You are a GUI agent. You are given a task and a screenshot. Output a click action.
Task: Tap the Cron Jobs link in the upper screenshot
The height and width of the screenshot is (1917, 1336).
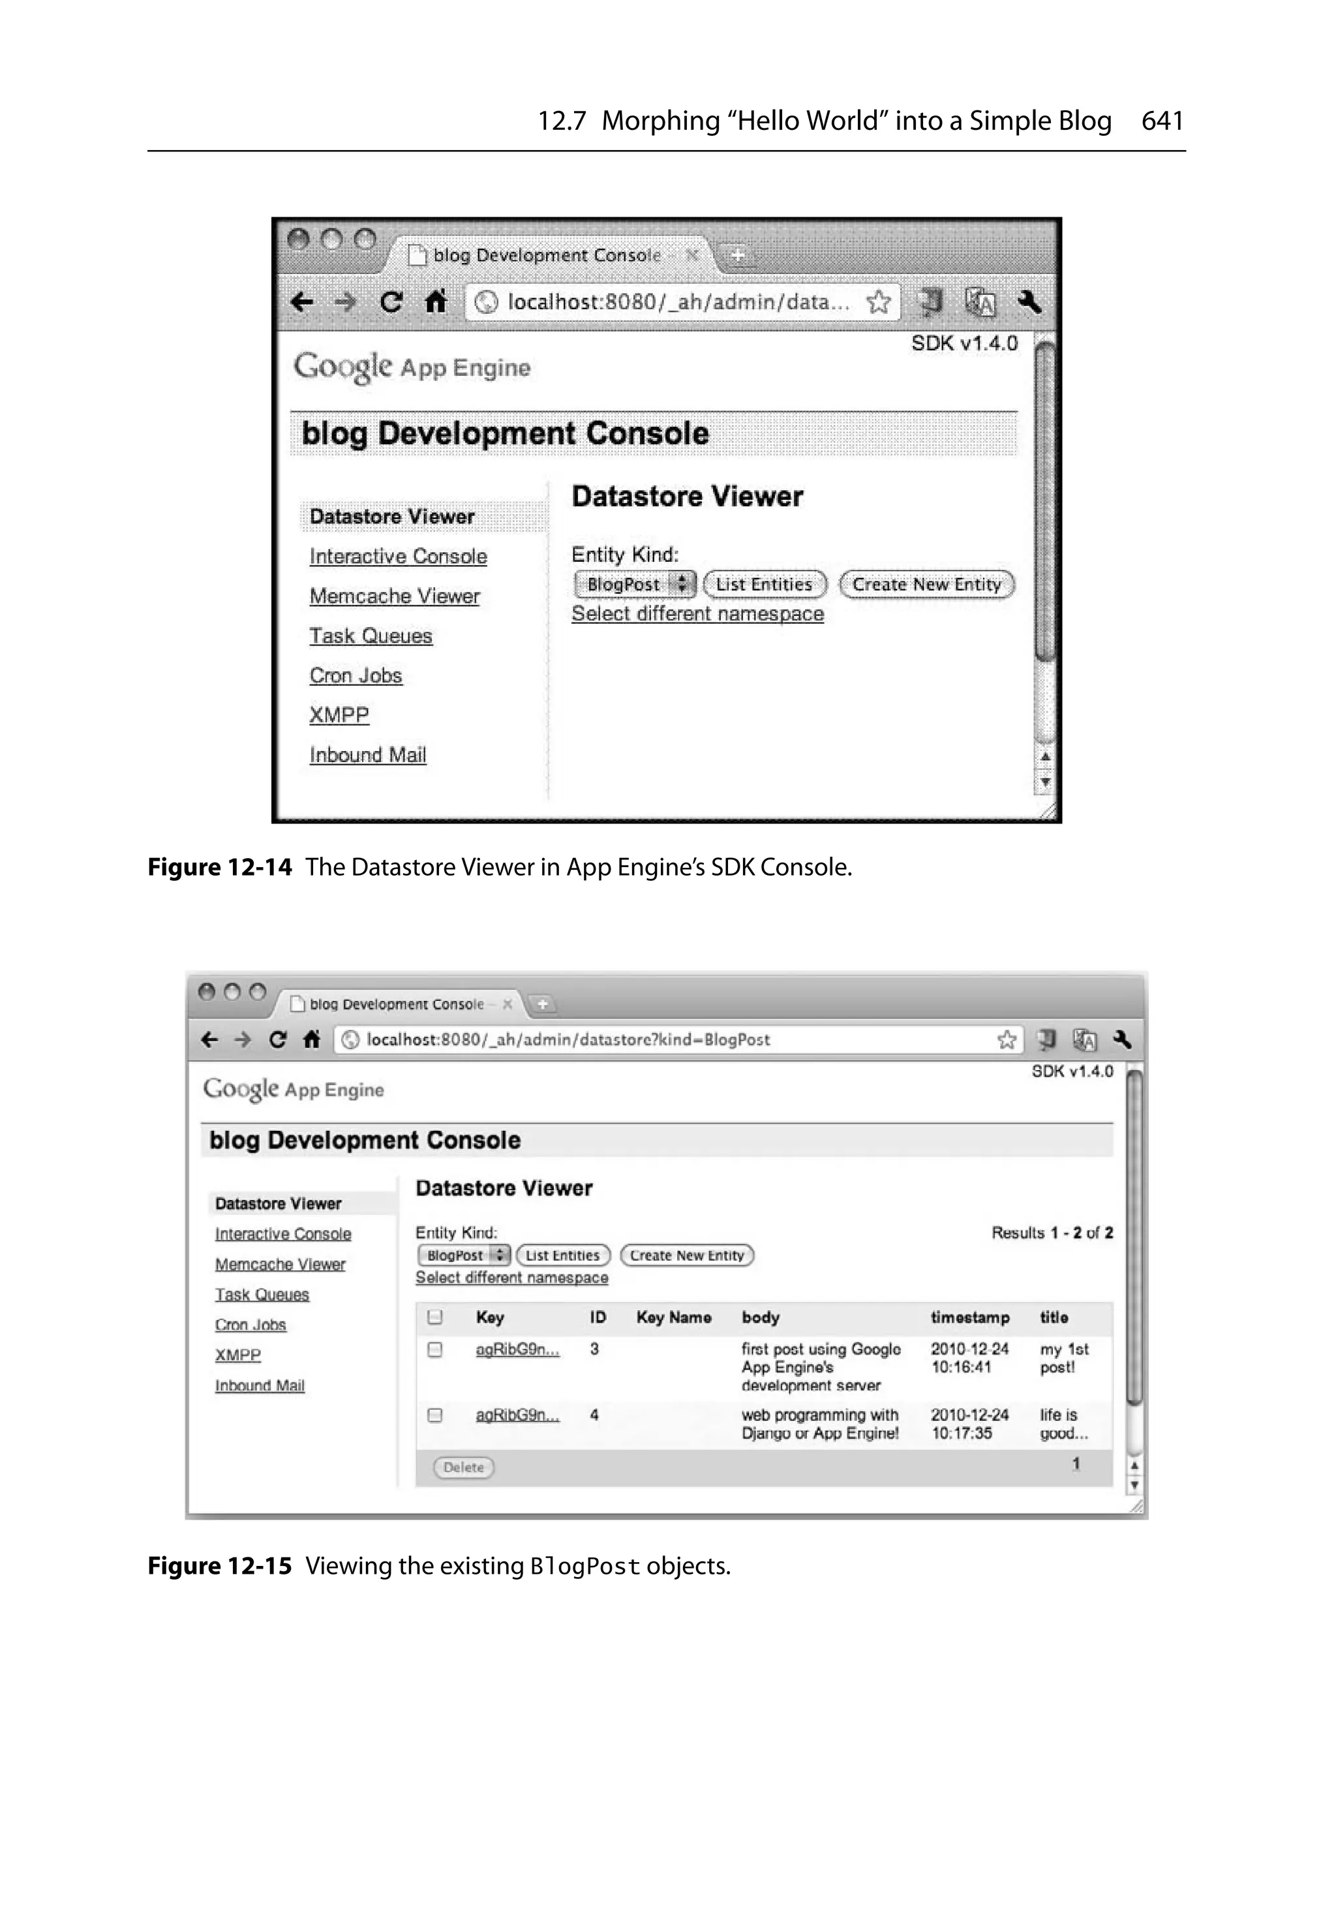coord(356,675)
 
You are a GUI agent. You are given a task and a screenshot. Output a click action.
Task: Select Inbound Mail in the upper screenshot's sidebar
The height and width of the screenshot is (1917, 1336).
coord(367,755)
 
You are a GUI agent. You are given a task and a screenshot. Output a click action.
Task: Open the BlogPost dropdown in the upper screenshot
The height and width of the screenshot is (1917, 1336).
coord(635,585)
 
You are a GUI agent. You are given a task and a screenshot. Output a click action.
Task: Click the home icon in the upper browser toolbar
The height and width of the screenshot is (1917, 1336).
coord(436,301)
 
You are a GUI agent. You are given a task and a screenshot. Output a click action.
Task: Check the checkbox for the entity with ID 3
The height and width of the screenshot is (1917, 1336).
coord(434,1349)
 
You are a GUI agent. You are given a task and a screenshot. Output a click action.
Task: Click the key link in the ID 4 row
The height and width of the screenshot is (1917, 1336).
coord(517,1415)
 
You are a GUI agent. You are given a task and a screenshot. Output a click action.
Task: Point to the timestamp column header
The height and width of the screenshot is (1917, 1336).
coord(969,1317)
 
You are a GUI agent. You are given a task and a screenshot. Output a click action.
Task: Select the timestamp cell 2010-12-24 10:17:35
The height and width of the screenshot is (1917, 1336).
coord(969,1424)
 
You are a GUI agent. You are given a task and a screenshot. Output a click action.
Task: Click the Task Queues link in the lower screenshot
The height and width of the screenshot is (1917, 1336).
coord(262,1295)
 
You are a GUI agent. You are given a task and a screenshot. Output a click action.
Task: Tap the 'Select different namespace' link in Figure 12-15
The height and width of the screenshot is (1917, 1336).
coord(512,1278)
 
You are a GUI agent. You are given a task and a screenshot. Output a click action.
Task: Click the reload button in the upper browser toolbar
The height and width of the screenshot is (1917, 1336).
coord(391,301)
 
